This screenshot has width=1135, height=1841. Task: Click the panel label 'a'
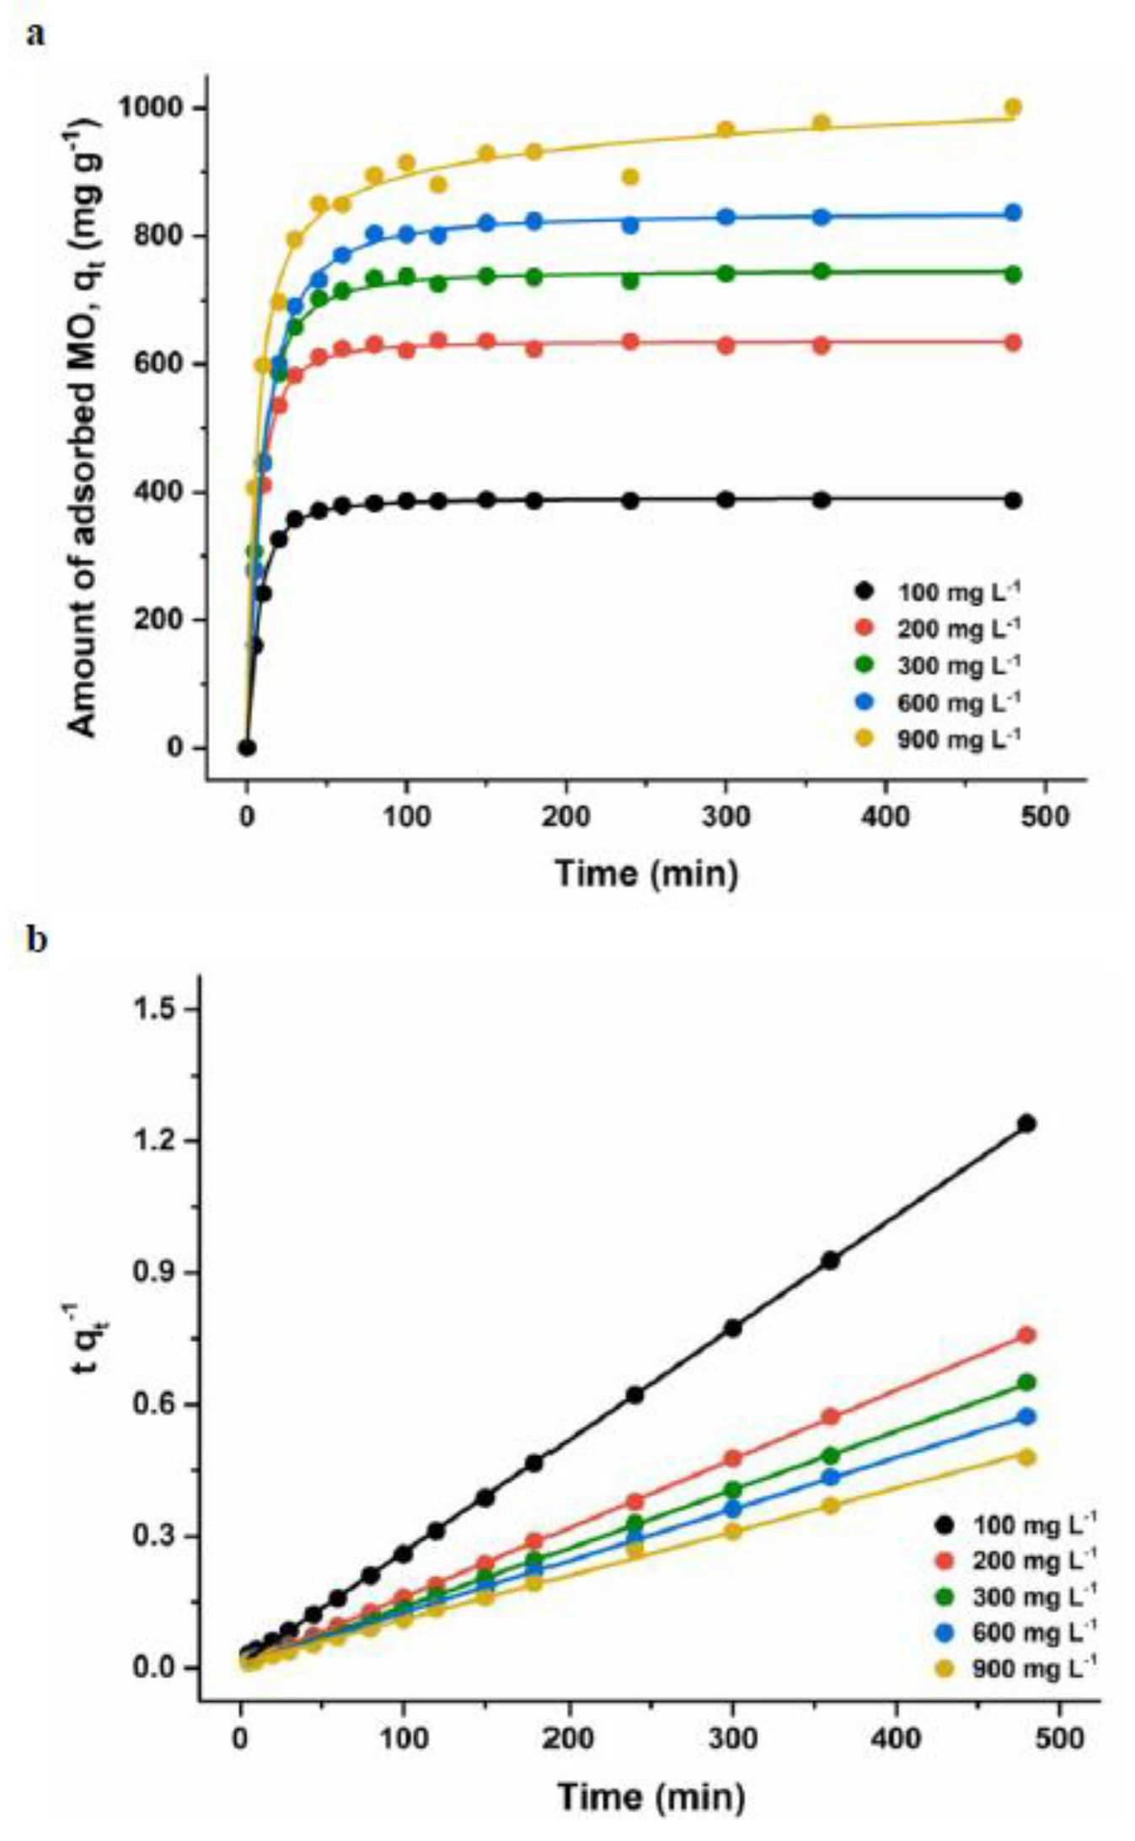coord(36,35)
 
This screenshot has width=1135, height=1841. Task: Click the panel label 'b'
coord(37,939)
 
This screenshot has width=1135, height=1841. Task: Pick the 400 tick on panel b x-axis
coord(895,1738)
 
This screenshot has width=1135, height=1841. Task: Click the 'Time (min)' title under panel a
coord(646,872)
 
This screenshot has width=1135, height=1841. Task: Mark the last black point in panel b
coord(1026,1123)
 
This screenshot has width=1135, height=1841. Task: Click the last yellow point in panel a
coord(1013,107)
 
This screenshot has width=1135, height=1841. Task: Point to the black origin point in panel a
coord(247,747)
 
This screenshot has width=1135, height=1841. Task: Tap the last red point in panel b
coord(1026,1335)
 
